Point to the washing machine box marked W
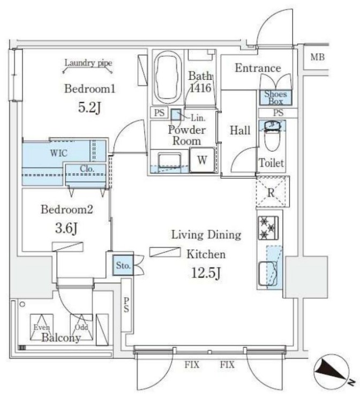click(x=202, y=160)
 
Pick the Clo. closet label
click(x=87, y=168)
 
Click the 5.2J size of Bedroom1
click(x=89, y=107)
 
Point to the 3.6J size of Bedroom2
click(x=67, y=229)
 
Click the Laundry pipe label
click(x=88, y=63)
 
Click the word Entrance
click(x=258, y=68)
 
